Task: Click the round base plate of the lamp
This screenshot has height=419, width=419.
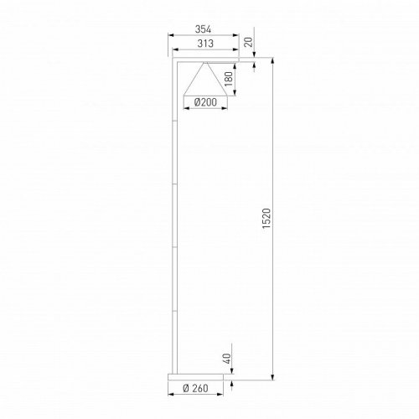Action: (199, 373)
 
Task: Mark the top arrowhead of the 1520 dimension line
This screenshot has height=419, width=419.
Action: (274, 60)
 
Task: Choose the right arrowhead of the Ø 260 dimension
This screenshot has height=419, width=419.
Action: (225, 380)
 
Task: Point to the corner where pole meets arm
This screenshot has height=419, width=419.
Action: (173, 60)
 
